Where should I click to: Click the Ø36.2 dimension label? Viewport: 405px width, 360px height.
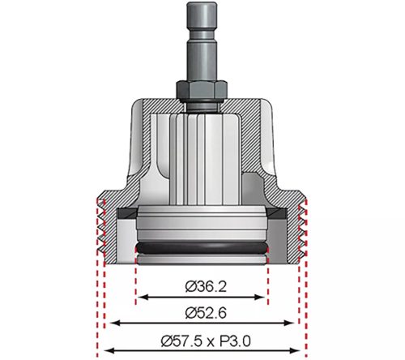point(202,286)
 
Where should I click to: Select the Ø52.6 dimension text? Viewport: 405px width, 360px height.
point(202,311)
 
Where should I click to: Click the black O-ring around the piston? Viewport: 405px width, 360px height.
point(202,245)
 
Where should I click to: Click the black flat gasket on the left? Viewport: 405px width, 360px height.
point(123,213)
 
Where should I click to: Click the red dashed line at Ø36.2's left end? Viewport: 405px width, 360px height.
point(136,276)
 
